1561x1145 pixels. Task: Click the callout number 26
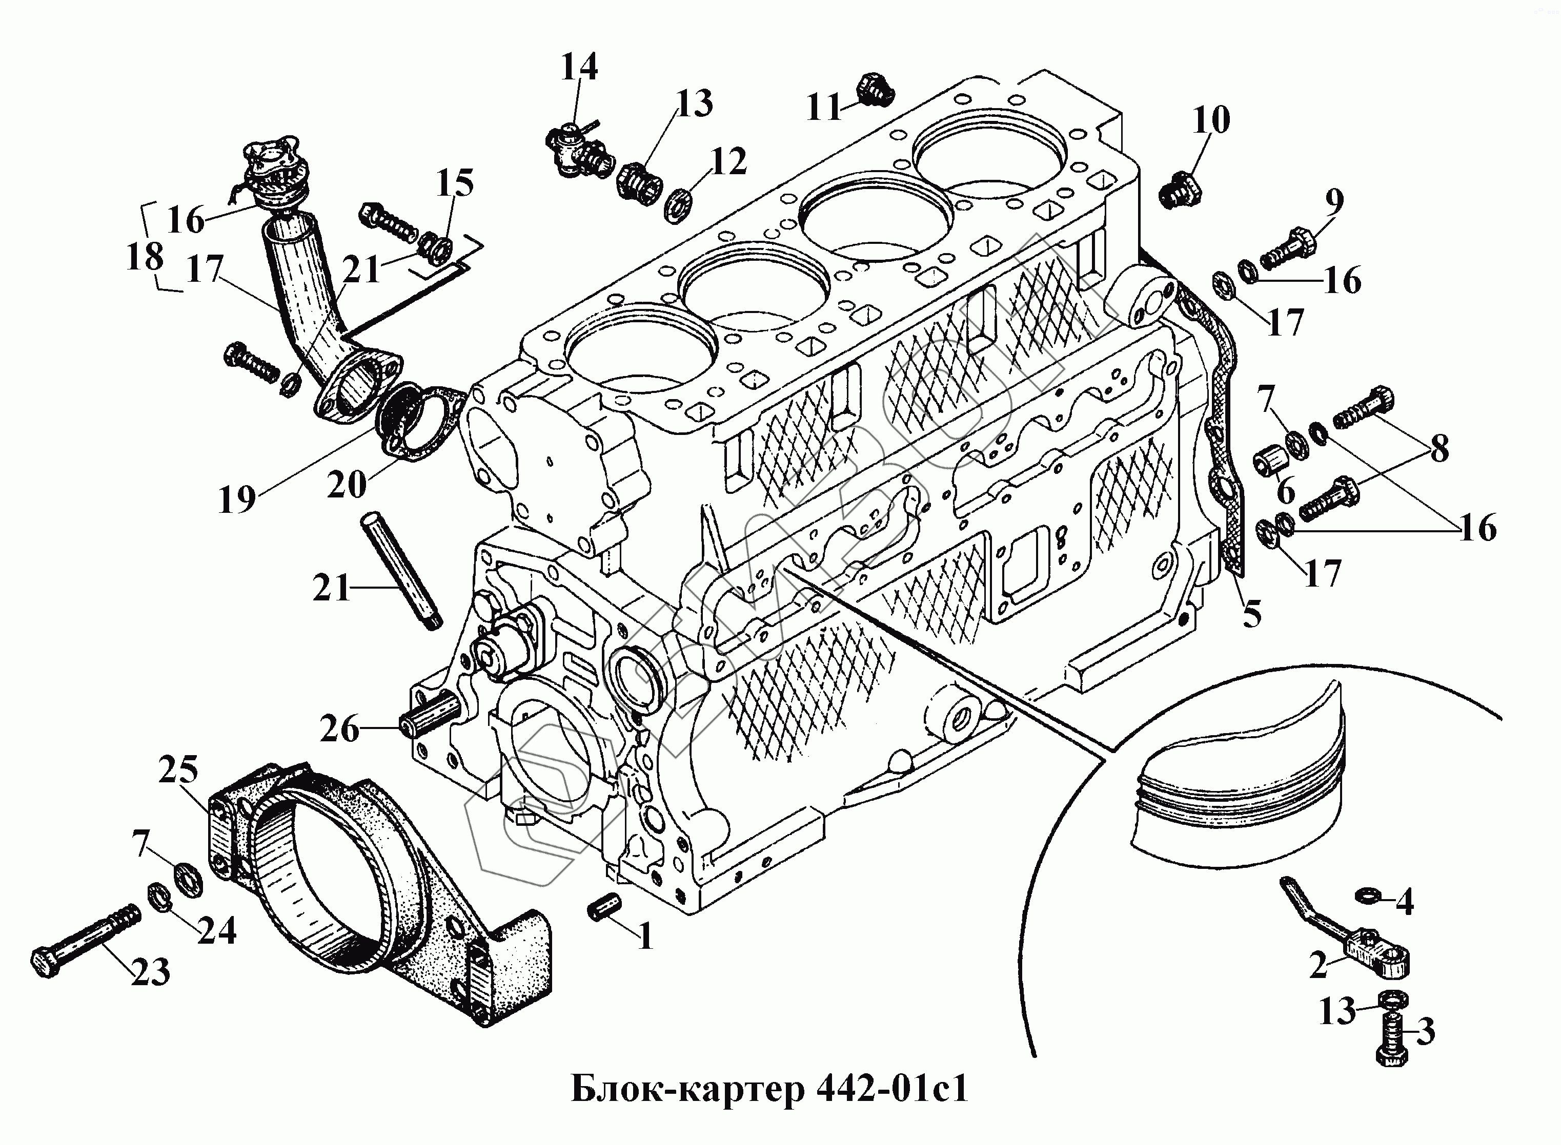point(340,729)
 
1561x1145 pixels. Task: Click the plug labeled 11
point(875,90)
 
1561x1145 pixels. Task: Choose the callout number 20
point(346,485)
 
